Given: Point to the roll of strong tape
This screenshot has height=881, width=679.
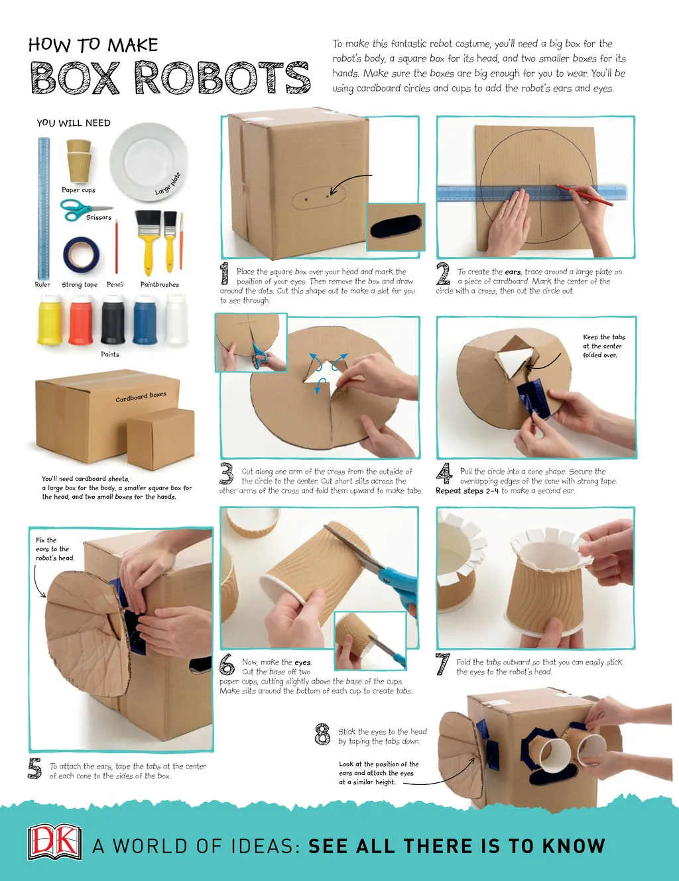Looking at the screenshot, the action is click(x=81, y=254).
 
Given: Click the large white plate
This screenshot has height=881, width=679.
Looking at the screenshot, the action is click(x=149, y=162).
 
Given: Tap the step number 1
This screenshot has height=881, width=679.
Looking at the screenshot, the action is click(x=224, y=273).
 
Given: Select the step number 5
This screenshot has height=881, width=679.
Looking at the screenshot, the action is click(x=35, y=768).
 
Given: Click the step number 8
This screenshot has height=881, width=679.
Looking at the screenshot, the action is click(x=323, y=734).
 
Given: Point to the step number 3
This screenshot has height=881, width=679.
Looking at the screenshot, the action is click(x=227, y=474).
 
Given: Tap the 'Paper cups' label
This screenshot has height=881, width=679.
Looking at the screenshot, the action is click(x=79, y=189).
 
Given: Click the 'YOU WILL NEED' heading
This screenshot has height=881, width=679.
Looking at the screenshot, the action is click(x=74, y=123).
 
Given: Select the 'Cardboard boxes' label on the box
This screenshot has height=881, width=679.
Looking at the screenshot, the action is click(x=141, y=397).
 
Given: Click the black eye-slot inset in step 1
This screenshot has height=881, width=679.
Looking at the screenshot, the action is click(x=396, y=227).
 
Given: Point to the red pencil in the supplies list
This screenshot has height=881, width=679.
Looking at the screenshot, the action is click(x=117, y=246).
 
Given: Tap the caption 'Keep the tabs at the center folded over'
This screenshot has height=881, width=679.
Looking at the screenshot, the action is click(x=603, y=346).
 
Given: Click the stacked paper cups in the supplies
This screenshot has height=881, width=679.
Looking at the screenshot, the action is click(x=79, y=161).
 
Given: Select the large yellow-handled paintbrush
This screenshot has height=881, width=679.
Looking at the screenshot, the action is click(x=147, y=242).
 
